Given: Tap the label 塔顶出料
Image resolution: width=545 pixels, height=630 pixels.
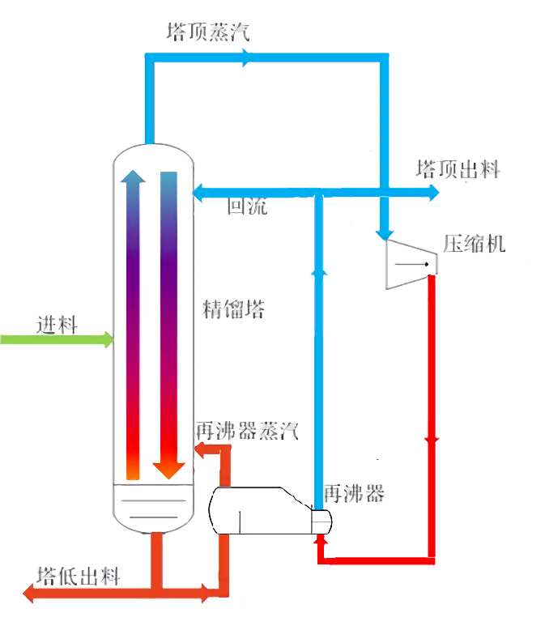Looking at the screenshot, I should pyautogui.click(x=458, y=170).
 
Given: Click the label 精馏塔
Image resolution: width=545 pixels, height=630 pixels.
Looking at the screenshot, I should pyautogui.click(x=233, y=309).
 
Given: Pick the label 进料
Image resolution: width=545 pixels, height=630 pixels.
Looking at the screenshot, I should pyautogui.click(x=57, y=325).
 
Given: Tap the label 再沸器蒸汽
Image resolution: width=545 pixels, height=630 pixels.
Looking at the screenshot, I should pyautogui.click(x=246, y=431).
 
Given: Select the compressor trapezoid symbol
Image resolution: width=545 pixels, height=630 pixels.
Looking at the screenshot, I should pyautogui.click(x=409, y=262).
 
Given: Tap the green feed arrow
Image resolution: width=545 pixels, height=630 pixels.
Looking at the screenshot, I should pyautogui.click(x=105, y=339).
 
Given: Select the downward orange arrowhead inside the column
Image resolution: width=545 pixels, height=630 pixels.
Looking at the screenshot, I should pyautogui.click(x=168, y=469).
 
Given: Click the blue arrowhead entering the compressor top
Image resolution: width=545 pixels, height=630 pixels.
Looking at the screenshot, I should pyautogui.click(x=385, y=234).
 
